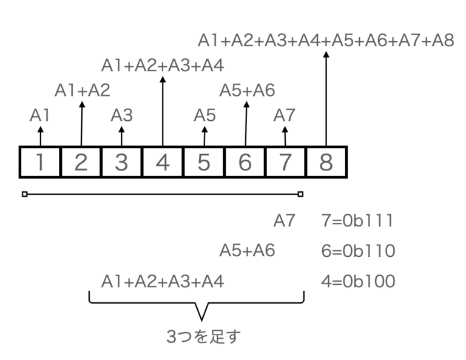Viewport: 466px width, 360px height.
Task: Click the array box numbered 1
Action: pyautogui.click(x=40, y=162)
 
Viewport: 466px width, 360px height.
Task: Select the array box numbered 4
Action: pyautogui.click(x=163, y=162)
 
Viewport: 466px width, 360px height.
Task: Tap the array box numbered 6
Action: pyautogui.click(x=245, y=162)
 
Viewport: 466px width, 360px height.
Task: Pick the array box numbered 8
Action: pyautogui.click(x=326, y=162)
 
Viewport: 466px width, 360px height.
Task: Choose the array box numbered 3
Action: pyautogui.click(x=121, y=162)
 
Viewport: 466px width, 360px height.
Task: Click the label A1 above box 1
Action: pyautogui.click(x=39, y=115)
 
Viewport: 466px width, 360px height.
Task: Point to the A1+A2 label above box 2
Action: pyautogui.click(x=83, y=90)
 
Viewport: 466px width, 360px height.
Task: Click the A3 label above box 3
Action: pyautogui.click(x=121, y=115)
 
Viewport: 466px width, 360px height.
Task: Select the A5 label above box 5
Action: pyautogui.click(x=204, y=115)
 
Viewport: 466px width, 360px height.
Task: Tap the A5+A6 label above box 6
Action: pyautogui.click(x=248, y=90)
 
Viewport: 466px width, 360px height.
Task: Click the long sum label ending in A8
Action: pyautogui.click(x=326, y=41)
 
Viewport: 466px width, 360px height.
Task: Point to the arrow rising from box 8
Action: pyautogui.click(x=326, y=99)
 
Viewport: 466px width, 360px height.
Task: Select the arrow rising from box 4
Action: pyautogui.click(x=163, y=111)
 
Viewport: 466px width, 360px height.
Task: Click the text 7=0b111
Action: pyautogui.click(x=357, y=221)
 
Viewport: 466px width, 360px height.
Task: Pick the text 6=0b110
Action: pyautogui.click(x=358, y=251)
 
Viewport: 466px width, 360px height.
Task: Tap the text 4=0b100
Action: pyautogui.click(x=358, y=281)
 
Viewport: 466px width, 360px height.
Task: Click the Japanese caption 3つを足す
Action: pyautogui.click(x=203, y=336)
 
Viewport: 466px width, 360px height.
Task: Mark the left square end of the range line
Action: pyautogui.click(x=25, y=194)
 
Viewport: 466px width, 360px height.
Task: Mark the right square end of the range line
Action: pyautogui.click(x=300, y=194)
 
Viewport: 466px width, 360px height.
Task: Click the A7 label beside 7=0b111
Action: pyautogui.click(x=284, y=221)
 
